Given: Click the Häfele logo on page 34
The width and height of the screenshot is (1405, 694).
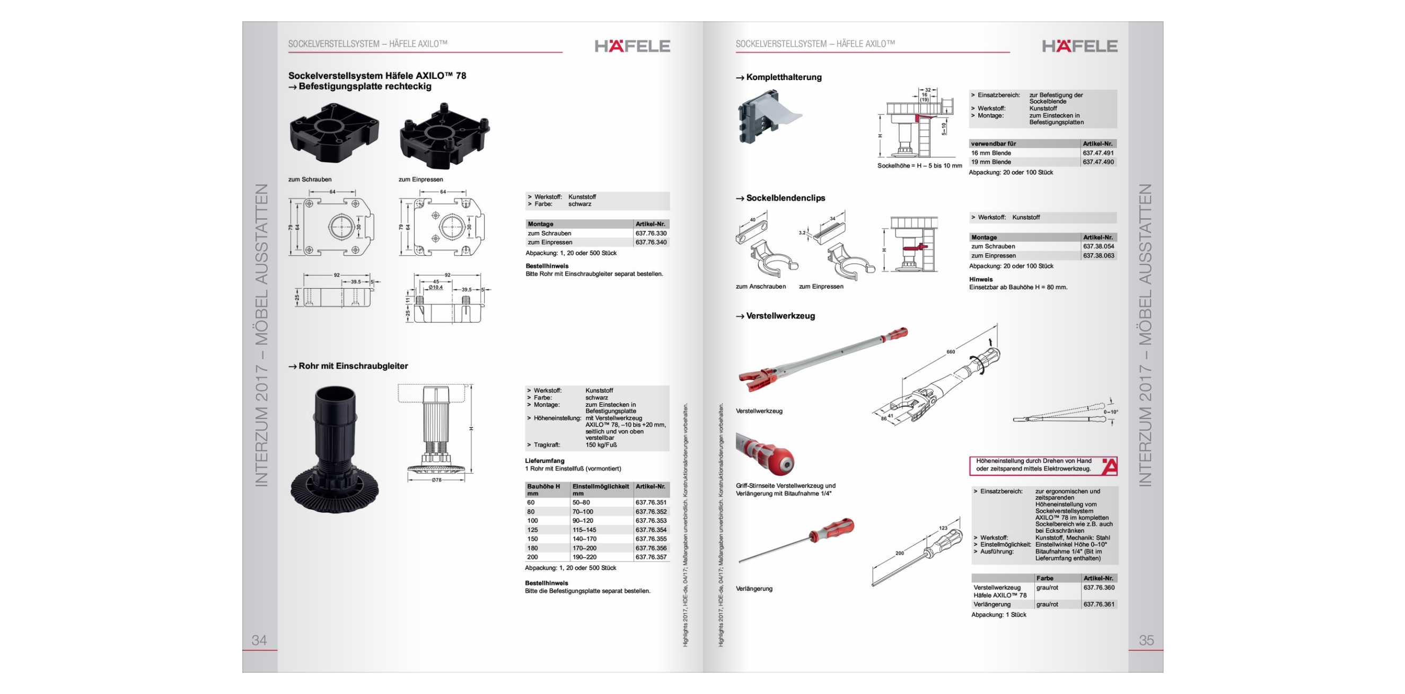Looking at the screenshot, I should coord(632,46).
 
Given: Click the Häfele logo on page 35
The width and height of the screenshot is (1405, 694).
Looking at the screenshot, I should coord(1079,46).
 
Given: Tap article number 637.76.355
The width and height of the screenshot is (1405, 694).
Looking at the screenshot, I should coord(651,539).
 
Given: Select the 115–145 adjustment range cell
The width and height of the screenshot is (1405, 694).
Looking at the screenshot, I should coord(584,530).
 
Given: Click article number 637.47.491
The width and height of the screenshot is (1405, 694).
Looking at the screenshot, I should coord(1098,153).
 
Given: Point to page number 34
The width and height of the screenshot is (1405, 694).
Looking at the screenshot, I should coord(259,640).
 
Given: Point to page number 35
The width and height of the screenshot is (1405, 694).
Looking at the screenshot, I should coord(1146,640).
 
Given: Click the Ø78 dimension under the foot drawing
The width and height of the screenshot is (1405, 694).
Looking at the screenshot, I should coord(436,481).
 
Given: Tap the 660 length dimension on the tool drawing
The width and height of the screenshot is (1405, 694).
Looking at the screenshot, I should coord(951,352).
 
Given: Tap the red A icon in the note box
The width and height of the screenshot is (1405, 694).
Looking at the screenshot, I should coord(1109,466).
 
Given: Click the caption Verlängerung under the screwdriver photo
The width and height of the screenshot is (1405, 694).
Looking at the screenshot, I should coord(754,589).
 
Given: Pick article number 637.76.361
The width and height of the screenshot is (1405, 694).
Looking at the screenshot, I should coord(1099,604).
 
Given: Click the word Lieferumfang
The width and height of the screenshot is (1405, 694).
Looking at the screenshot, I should coord(545,461).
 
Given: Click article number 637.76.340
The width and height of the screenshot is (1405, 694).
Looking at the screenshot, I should coord(651,243).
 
